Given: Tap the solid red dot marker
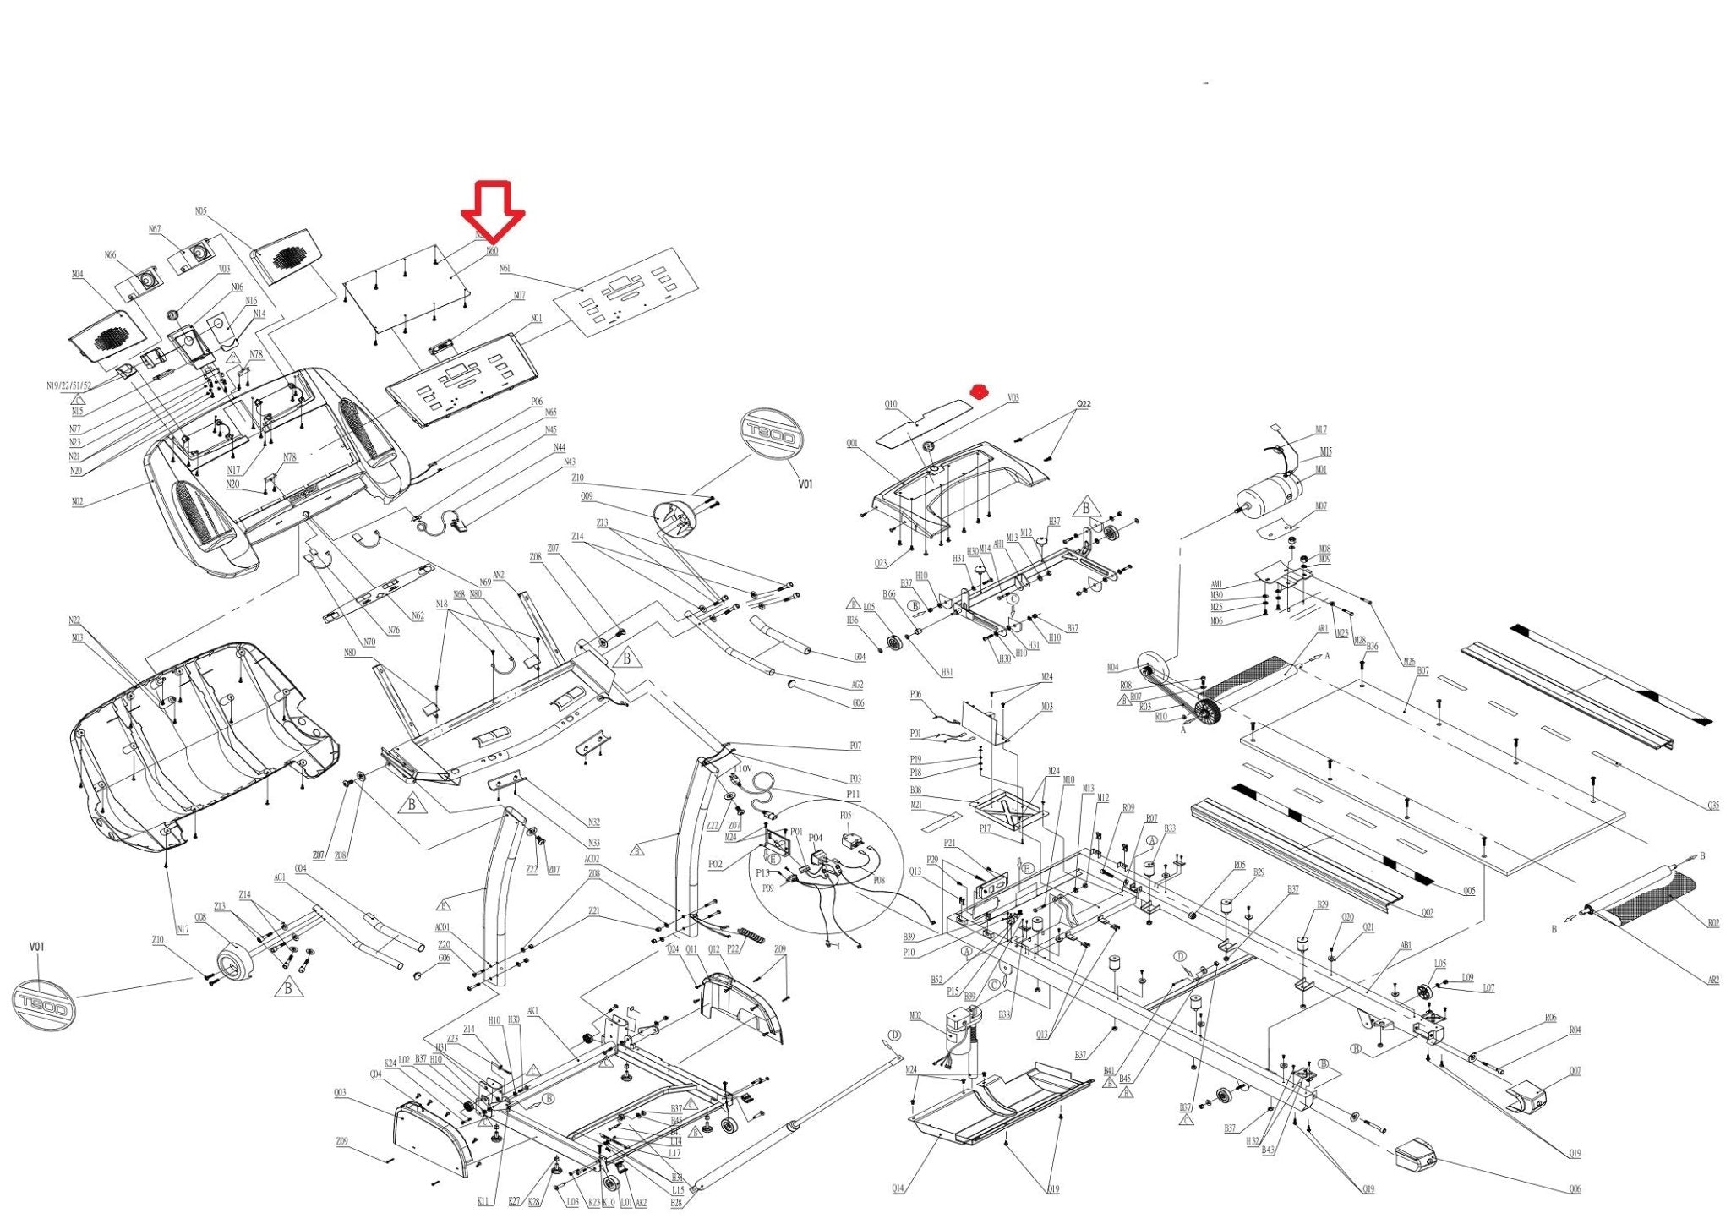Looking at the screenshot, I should point(979,391).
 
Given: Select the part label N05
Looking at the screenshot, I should point(200,211).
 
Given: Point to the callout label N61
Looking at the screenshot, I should point(505,269).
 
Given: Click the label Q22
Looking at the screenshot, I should point(1084,404).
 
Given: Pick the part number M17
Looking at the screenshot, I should point(1321,430).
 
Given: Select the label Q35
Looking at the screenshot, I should point(1712,806).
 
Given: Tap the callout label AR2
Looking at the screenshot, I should point(1713,981).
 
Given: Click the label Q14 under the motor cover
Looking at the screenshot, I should point(898,1188).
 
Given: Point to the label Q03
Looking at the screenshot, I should point(340,1093).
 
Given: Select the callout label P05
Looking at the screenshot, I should point(846,816).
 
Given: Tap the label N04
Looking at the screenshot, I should point(77,274).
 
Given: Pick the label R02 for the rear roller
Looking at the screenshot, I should point(1712,923).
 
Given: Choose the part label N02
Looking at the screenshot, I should point(77,502).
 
